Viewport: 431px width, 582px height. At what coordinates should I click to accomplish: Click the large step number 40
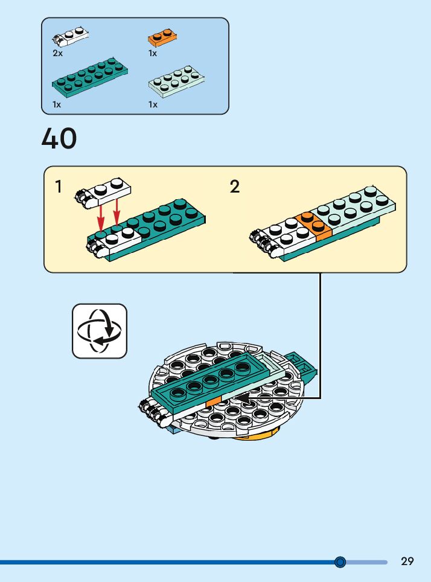(59, 138)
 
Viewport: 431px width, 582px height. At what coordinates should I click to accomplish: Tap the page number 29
(407, 561)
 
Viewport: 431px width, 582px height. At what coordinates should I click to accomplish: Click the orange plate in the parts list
(162, 39)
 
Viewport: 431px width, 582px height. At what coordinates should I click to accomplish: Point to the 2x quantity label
(57, 53)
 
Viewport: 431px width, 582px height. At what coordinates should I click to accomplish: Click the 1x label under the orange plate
(153, 53)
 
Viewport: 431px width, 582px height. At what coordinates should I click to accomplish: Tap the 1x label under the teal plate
(57, 104)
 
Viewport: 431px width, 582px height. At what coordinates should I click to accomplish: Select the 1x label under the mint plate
(153, 104)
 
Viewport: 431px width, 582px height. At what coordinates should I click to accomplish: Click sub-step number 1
(59, 187)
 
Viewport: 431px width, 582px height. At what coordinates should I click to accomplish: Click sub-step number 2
(235, 187)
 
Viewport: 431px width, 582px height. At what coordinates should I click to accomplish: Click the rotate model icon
(100, 331)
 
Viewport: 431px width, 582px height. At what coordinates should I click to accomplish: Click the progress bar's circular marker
(340, 562)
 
